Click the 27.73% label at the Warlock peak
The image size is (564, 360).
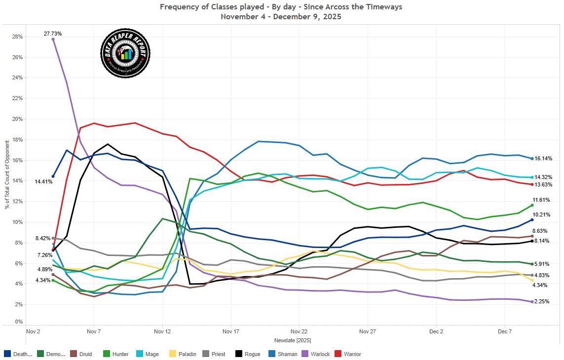(53, 34)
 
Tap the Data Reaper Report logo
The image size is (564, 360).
(125, 53)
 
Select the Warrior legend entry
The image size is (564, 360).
(348, 354)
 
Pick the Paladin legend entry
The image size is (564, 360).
(184, 354)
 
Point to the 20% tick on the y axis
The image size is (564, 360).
(17, 119)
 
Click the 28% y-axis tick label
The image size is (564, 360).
(17, 36)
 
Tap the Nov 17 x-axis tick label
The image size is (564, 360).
(230, 332)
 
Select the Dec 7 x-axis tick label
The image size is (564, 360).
(504, 332)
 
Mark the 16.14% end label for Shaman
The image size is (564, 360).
(543, 159)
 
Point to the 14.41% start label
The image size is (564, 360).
(43, 182)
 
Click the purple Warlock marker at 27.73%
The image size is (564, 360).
(53, 39)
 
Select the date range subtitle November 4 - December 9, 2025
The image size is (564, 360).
(281, 16)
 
